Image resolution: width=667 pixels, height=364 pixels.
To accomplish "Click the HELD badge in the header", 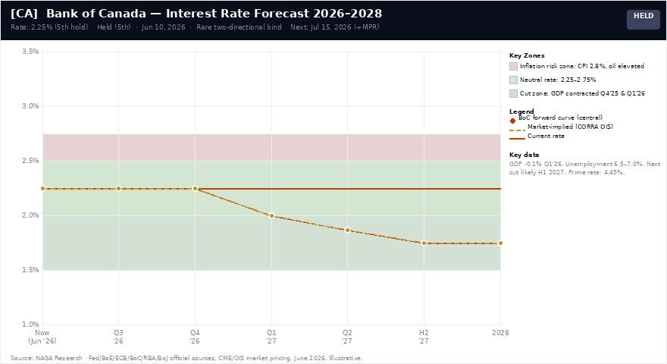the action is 644,19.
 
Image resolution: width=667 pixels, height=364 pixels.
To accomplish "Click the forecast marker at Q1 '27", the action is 271,216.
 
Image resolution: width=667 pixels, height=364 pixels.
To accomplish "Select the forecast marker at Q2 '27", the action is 348,231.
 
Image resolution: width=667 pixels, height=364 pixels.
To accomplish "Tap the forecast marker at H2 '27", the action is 424,243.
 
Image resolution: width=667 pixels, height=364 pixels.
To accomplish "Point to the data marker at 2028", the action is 500,243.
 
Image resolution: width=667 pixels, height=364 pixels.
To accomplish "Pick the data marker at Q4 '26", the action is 195,189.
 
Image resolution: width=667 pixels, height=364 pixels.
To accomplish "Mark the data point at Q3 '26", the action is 119,189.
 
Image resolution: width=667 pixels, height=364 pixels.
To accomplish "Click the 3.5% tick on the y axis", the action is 30,52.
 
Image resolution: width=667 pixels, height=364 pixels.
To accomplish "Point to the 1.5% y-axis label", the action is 30,270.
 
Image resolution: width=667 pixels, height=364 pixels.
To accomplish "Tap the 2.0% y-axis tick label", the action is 30,215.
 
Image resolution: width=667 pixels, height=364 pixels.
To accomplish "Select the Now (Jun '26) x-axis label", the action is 42,337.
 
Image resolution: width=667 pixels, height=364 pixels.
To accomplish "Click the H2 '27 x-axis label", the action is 424,337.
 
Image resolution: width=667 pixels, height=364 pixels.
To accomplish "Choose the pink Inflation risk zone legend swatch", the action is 513,67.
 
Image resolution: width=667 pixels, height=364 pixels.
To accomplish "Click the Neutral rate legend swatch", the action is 513,80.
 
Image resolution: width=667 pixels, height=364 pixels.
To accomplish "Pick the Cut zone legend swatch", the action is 513,94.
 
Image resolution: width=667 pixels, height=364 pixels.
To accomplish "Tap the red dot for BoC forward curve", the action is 512,121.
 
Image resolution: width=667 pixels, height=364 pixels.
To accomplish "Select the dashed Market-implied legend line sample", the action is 517,130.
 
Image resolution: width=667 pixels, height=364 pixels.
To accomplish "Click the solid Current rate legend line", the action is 517,138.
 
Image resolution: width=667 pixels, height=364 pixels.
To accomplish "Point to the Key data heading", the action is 524,155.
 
